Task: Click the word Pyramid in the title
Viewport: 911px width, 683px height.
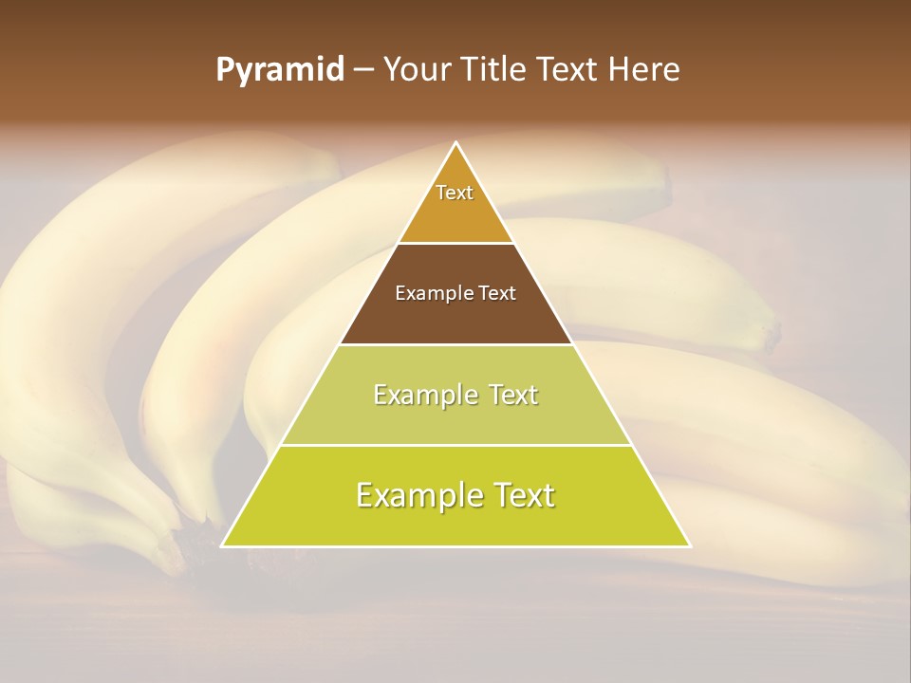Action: (279, 70)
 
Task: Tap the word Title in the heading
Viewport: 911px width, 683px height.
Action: (496, 70)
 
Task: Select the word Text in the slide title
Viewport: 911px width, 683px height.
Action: (570, 70)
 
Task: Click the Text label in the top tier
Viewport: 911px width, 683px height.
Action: (455, 193)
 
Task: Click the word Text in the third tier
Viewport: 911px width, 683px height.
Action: (513, 395)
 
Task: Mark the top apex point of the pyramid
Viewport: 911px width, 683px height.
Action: (456, 142)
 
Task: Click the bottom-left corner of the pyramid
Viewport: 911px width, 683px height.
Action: (222, 546)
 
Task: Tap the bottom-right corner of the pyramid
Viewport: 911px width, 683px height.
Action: (690, 546)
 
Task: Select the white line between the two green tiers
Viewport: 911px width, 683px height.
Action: (456, 445)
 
